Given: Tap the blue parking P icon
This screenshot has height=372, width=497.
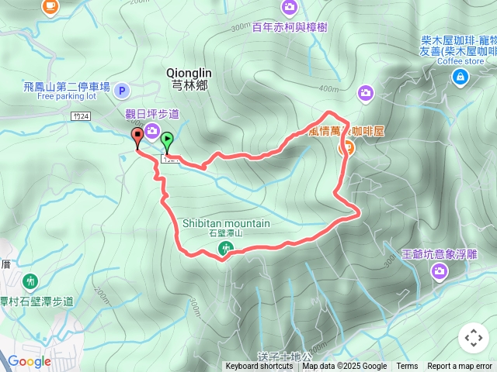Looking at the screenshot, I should click(x=122, y=91).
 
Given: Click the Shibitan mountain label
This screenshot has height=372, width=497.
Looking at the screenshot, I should click(x=226, y=223).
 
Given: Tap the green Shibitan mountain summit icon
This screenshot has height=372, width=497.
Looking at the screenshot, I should click(x=226, y=249).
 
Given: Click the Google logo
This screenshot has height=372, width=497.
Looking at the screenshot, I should click(x=29, y=361).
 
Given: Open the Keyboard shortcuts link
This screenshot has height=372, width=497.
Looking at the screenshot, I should click(x=259, y=367).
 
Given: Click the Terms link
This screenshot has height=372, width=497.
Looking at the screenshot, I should click(x=407, y=367).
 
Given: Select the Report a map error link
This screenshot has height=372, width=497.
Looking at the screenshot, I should click(x=461, y=367).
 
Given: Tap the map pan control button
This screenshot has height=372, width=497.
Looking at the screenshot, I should click(x=473, y=338).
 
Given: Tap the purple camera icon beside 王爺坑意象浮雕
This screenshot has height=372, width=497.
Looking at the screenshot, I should click(x=440, y=270).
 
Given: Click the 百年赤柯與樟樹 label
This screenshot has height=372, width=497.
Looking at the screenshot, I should click(x=289, y=27).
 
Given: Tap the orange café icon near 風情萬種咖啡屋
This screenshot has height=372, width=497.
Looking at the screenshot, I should click(x=348, y=146).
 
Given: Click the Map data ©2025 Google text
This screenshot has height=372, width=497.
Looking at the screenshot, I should click(x=345, y=367).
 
